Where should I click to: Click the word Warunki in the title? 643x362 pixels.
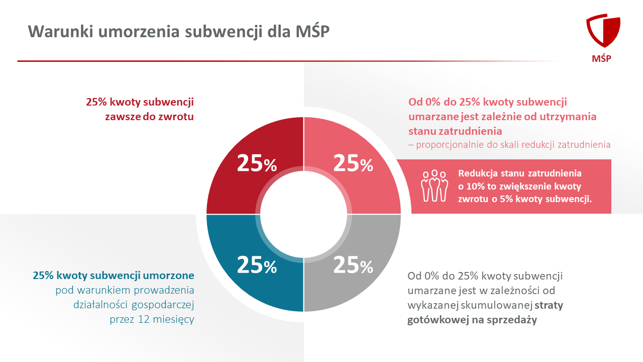pyautogui.click(x=61, y=31)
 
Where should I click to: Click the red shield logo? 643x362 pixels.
pyautogui.click(x=603, y=31)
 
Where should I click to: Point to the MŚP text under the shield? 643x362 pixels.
pyautogui.click(x=601, y=58)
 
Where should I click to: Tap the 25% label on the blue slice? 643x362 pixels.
pyautogui.click(x=257, y=264)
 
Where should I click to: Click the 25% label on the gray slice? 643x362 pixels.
pyautogui.click(x=353, y=264)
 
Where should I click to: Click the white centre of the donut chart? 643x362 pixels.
pyautogui.click(x=304, y=214)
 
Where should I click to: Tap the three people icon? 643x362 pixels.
pyautogui.click(x=435, y=186)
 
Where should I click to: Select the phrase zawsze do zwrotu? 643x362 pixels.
pyautogui.click(x=149, y=117)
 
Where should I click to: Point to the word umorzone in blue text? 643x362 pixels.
pyautogui.click(x=168, y=275)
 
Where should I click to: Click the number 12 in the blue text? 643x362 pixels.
pyautogui.click(x=144, y=319)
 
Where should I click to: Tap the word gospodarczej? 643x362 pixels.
pyautogui.click(x=163, y=305)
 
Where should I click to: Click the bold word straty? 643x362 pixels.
pyautogui.click(x=549, y=305)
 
